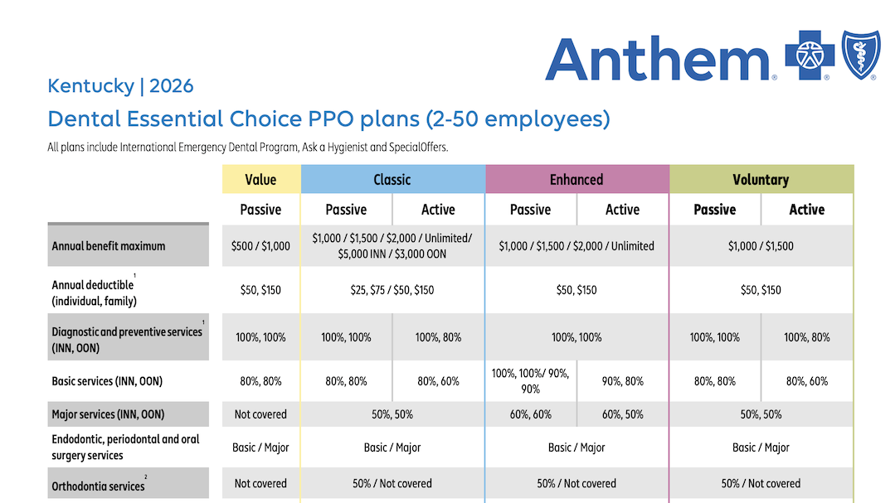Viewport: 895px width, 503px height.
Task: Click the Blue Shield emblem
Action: tap(866, 55)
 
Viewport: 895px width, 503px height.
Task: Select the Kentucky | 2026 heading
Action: tap(120, 85)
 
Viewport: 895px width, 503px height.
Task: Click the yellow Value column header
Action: tap(260, 180)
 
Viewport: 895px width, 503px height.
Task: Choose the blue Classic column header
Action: tap(392, 180)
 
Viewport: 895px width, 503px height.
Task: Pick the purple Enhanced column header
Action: tap(576, 180)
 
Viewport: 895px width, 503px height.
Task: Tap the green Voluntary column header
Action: tap(761, 180)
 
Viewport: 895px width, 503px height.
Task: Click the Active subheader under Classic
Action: tap(438, 210)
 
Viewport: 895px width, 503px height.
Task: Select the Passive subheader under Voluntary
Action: tap(714, 210)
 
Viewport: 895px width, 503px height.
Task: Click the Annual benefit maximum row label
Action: tap(109, 246)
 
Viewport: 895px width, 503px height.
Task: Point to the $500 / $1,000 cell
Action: tap(260, 246)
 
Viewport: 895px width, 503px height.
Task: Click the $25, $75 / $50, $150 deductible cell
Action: tap(392, 290)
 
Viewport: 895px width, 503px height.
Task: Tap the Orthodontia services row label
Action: tap(98, 486)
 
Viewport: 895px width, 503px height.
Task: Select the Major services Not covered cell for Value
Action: tap(260, 414)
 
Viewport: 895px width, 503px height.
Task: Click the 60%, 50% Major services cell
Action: tap(622, 414)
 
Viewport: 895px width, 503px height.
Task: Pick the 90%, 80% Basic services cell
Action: tap(622, 381)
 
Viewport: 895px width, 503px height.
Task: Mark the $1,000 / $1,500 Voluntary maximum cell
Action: tap(761, 246)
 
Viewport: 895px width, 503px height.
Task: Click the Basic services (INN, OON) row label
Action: tap(107, 381)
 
